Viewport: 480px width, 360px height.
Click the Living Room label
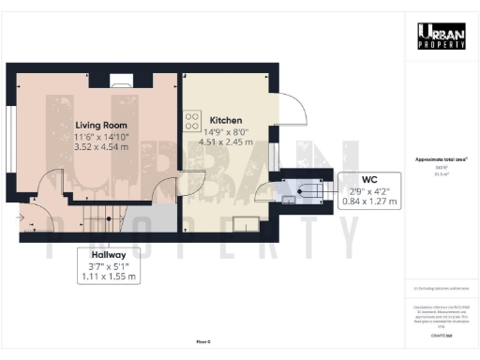click(101, 123)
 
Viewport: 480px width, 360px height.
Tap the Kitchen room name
click(226, 121)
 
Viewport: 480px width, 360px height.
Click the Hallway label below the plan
click(108, 254)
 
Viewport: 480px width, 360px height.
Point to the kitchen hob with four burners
click(192, 121)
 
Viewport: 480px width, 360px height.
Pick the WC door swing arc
click(264, 196)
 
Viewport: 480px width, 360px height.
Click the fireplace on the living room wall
click(119, 80)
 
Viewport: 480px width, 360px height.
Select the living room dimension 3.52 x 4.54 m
click(101, 146)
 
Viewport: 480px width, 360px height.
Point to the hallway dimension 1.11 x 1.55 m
click(108, 277)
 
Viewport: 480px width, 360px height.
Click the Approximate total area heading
click(442, 160)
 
